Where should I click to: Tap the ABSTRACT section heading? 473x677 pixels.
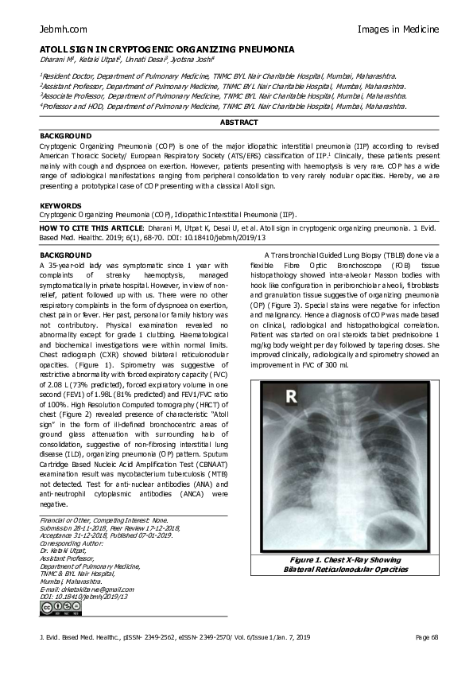click(x=239, y=123)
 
